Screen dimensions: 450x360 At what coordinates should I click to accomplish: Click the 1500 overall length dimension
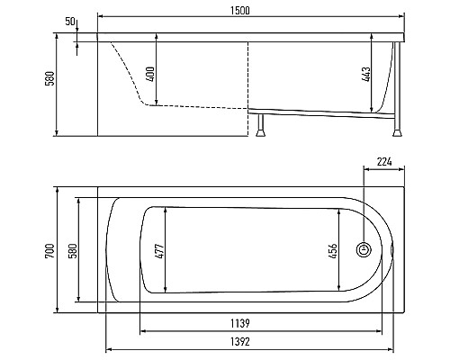click(240, 11)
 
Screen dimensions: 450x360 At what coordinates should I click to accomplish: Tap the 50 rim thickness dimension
click(70, 22)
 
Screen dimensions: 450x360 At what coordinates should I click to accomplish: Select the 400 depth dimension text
click(151, 74)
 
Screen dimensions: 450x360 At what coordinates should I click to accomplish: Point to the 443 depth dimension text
click(366, 74)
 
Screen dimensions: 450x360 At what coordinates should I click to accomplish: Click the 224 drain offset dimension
click(384, 162)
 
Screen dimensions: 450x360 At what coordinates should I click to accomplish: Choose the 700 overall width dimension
click(49, 251)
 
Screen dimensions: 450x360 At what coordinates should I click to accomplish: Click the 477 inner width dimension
click(160, 251)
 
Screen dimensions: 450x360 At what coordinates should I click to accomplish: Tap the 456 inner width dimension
click(333, 251)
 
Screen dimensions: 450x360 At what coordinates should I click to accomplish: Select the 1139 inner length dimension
click(240, 323)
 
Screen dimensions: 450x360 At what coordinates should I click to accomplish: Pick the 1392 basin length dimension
click(240, 342)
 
